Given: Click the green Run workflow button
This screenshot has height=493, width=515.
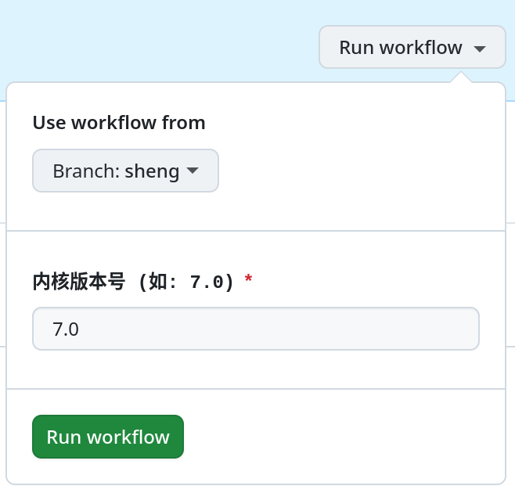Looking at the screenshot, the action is [108, 437].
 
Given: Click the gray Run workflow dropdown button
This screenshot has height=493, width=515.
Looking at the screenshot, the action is [412, 47].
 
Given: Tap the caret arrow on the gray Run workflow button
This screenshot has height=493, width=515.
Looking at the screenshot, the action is [480, 49].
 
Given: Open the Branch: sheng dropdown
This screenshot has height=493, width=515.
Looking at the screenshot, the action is [125, 171].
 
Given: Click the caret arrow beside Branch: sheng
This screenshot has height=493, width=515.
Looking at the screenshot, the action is [192, 170].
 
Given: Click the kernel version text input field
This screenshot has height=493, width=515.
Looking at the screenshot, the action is [256, 329].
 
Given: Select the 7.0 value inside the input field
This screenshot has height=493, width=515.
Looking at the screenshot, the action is [66, 329].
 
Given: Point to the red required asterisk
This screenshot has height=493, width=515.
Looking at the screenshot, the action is [248, 279].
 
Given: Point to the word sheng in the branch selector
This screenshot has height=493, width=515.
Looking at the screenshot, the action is [152, 171].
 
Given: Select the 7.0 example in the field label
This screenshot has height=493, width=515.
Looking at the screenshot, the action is [207, 282].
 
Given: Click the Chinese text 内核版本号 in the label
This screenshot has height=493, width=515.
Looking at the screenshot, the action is [79, 282].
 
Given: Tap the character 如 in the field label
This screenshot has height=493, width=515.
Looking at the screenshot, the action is [158, 282].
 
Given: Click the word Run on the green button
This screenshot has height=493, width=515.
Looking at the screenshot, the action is [63, 437].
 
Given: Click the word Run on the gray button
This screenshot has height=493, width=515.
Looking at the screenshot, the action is [357, 48].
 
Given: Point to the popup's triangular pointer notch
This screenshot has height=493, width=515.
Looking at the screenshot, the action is [461, 77].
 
